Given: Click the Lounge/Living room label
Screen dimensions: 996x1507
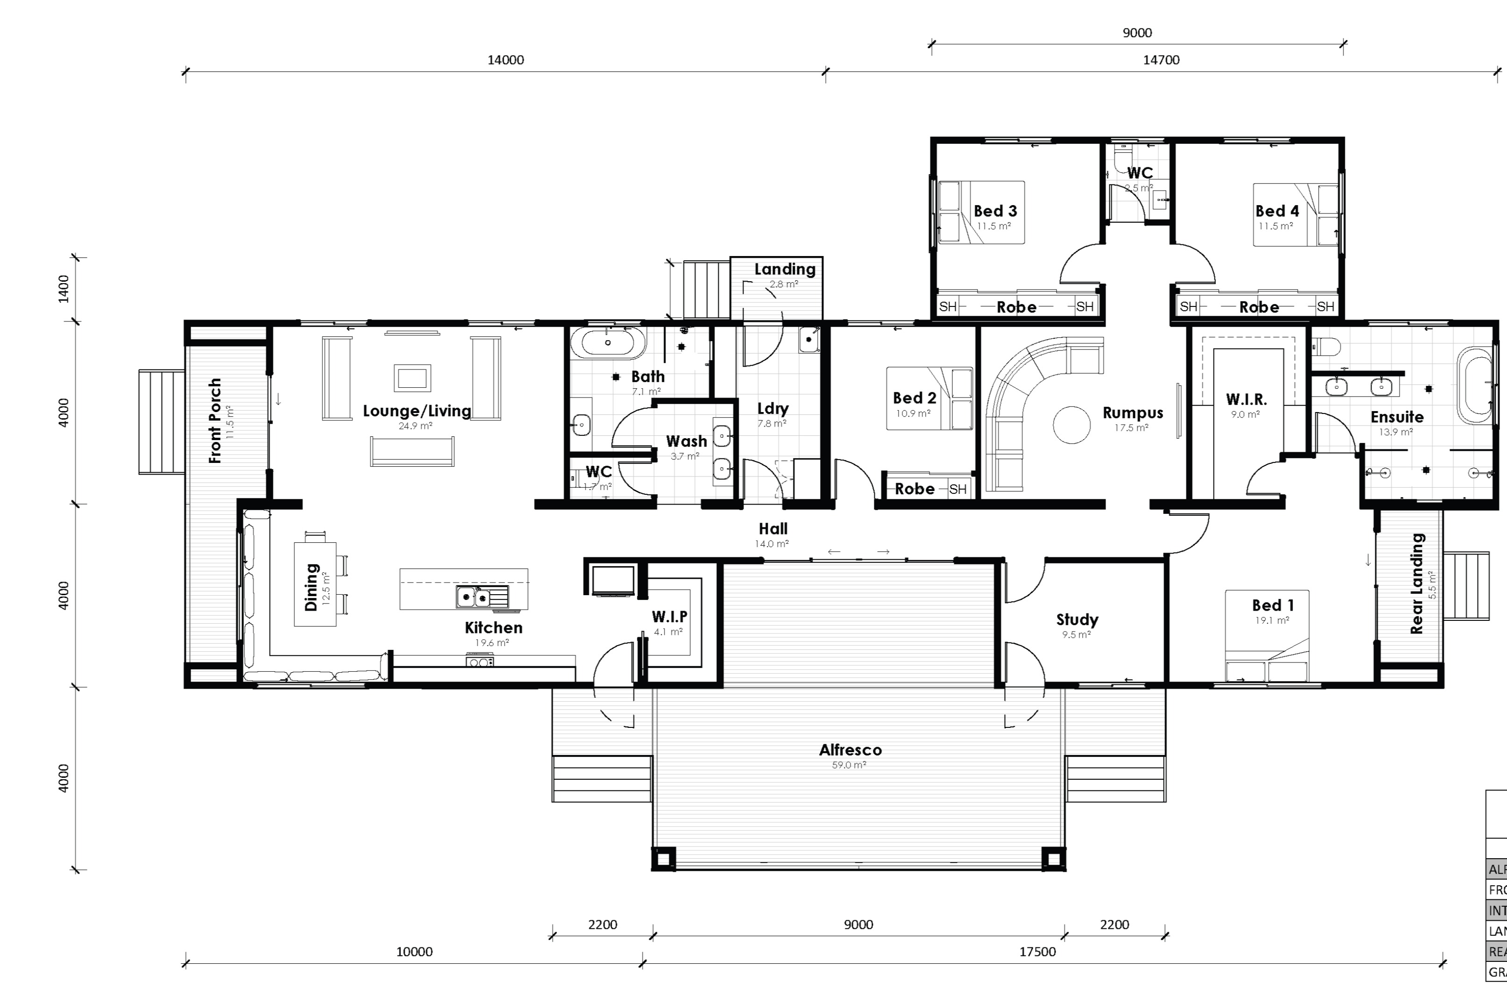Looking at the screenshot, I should (417, 411).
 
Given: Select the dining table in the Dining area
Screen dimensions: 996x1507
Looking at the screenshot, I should (315, 584).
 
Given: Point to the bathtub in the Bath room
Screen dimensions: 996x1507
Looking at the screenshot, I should (608, 343).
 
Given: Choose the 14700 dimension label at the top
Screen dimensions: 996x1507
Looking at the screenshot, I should (1161, 60).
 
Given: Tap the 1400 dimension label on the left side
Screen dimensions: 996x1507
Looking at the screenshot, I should (64, 289).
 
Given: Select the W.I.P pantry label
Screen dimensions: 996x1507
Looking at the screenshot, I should (669, 617).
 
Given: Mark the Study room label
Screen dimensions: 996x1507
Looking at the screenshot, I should (1077, 619).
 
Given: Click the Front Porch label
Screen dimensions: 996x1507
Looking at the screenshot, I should (215, 420).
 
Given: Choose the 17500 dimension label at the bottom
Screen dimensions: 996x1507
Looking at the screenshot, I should (1037, 952).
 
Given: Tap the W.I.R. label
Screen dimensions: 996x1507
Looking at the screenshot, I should (1246, 399).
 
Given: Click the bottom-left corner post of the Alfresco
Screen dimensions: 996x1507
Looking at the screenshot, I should (663, 860).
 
